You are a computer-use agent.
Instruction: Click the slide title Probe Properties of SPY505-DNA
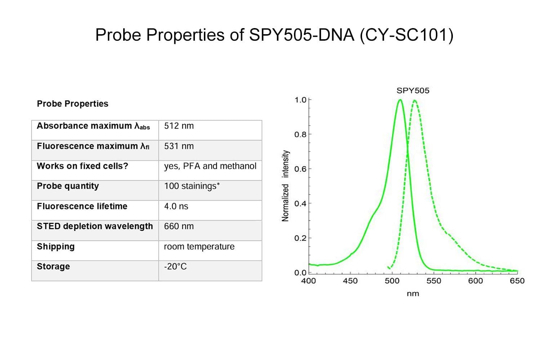pos(274,35)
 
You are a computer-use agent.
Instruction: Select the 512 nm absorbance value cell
pos(179,126)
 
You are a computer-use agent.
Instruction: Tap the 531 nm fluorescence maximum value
pos(179,146)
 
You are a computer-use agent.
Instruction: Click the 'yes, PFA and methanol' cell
pos(210,166)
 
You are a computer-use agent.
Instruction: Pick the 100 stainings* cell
pos(192,186)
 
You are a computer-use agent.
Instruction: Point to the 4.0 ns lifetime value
pos(176,206)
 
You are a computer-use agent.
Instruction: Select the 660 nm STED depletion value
pos(179,226)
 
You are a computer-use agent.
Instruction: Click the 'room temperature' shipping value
pos(199,247)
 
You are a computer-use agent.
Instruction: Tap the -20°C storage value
pos(175,267)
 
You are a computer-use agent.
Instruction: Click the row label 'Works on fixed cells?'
pos(82,166)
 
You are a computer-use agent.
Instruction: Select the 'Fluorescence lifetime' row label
pos(82,206)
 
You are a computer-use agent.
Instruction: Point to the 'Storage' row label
pos(53,267)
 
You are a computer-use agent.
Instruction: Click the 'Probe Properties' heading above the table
pos(72,104)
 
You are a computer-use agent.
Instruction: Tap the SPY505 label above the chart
pos(413,91)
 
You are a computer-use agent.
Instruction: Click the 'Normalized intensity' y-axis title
pos(285,186)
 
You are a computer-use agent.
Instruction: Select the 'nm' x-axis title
pos(413,294)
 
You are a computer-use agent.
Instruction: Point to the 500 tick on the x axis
pos(392,281)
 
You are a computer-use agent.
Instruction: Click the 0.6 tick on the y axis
pos(300,169)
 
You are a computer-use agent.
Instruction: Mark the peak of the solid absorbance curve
pos(400,100)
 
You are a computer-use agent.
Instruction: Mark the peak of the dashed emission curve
pos(415,100)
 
